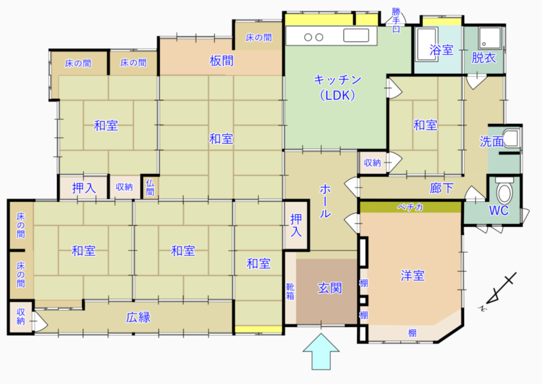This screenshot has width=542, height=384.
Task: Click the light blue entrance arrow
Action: tap(321, 352)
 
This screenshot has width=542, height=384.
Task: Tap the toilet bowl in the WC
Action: tap(504, 191)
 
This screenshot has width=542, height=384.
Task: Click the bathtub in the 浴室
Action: tap(428, 44)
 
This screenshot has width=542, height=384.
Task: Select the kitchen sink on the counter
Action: tap(356, 35)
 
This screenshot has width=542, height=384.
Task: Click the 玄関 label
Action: tap(330, 289)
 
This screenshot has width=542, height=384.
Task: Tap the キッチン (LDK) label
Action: tap(337, 87)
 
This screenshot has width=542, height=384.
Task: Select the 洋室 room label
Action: tap(413, 276)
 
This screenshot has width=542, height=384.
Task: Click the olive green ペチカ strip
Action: tap(411, 207)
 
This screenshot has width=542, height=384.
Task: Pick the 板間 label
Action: tap(222, 61)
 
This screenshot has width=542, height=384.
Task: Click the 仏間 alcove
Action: tap(150, 188)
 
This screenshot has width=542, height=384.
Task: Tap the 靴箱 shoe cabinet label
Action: tap(290, 291)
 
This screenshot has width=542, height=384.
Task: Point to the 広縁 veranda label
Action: tap(138, 318)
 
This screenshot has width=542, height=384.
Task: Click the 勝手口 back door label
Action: tap(396, 20)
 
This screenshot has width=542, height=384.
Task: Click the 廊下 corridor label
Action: tap(442, 188)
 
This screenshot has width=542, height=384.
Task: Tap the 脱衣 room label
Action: tap(484, 58)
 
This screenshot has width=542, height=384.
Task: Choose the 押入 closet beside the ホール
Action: tap(296, 226)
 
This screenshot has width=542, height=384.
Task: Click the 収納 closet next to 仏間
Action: tap(125, 188)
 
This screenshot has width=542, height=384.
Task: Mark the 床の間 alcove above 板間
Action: tap(259, 37)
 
